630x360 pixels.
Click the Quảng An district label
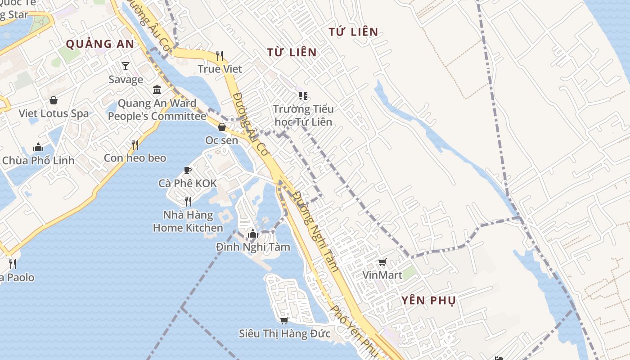click(x=100, y=44)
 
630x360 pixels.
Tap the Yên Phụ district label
click(x=428, y=300)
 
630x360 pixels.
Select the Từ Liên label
click(x=292, y=52)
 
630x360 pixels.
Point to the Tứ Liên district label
click(x=353, y=32)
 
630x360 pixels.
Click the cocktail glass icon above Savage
click(x=126, y=66)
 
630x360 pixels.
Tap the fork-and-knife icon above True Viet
click(x=220, y=55)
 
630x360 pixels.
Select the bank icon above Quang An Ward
click(x=157, y=90)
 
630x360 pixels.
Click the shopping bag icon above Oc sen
click(x=221, y=127)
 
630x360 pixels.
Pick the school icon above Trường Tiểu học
click(x=303, y=96)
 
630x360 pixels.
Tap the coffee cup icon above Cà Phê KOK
click(x=188, y=170)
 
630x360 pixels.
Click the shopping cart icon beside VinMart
click(x=382, y=262)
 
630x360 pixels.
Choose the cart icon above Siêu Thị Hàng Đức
click(x=284, y=320)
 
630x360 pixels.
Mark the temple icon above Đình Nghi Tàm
click(x=252, y=234)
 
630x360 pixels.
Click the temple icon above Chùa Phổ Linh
click(x=38, y=147)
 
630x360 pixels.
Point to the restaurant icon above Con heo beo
click(x=135, y=144)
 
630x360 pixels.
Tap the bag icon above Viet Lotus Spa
click(x=54, y=100)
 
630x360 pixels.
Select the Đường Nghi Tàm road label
click(x=315, y=232)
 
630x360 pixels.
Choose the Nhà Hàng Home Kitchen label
click(x=188, y=221)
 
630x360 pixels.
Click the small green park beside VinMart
click(x=409, y=273)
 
